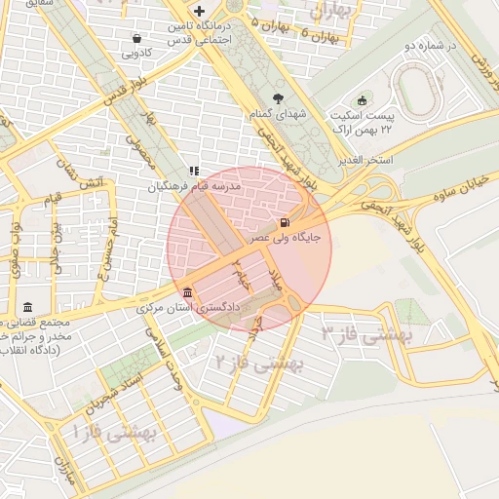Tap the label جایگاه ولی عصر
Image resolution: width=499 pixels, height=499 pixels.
[285, 237]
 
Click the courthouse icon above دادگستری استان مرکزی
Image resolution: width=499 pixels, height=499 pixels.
[187, 293]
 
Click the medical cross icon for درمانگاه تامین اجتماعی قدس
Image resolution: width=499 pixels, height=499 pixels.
[199, 11]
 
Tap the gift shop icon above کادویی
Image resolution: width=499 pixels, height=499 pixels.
[136, 39]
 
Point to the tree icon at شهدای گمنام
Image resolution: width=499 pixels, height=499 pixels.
[279, 97]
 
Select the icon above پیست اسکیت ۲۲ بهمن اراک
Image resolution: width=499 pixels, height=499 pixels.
[363, 99]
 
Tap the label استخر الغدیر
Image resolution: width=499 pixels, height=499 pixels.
[365, 159]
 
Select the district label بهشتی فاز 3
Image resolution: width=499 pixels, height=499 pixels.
[367, 334]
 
